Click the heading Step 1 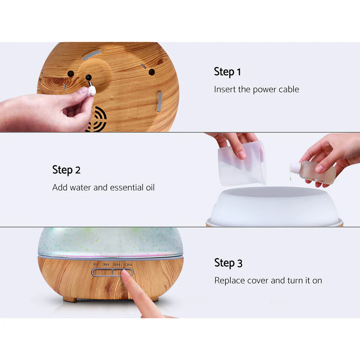click(x=227, y=72)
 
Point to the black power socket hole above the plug click(x=87, y=77)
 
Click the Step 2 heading click(x=66, y=170)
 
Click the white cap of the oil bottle click(x=295, y=167)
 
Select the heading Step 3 click(x=228, y=262)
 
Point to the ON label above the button click(x=127, y=265)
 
